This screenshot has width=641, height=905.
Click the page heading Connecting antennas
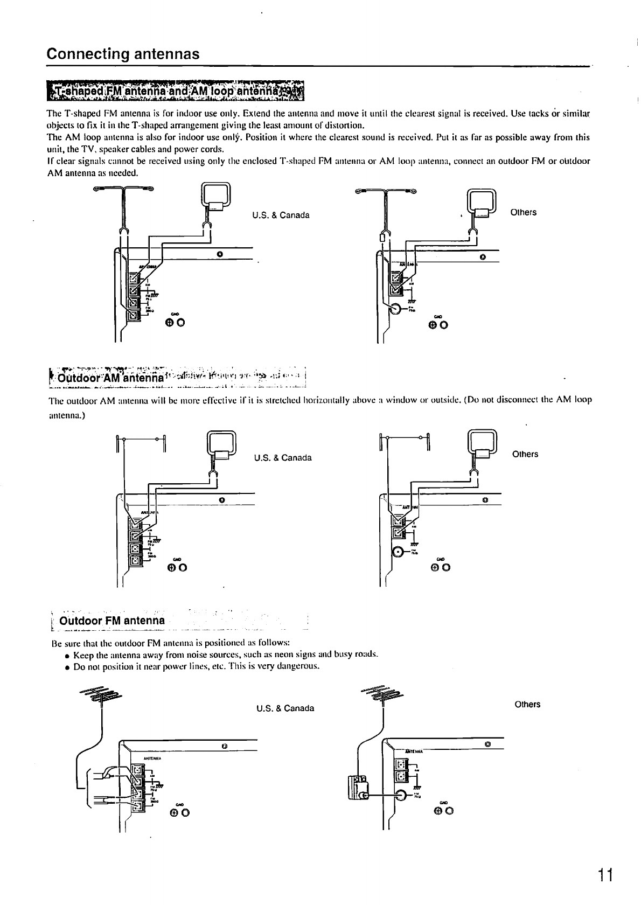[123, 54]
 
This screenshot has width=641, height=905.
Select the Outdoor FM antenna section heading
[112, 621]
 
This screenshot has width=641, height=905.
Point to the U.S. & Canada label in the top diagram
[281, 215]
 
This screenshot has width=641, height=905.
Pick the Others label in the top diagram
[523, 212]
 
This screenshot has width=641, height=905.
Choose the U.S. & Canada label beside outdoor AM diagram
[283, 458]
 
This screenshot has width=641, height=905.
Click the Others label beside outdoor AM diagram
[525, 454]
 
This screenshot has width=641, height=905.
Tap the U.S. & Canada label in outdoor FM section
[285, 708]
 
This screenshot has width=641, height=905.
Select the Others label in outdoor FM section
[527, 705]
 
